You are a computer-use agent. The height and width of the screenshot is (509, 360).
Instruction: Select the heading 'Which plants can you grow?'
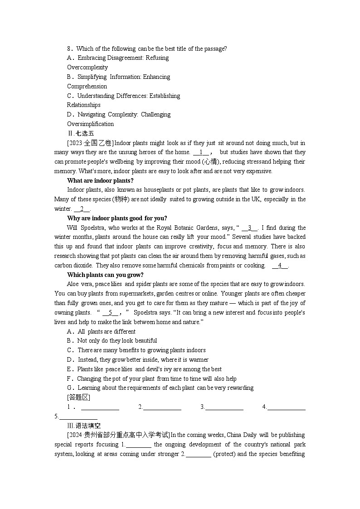click(105, 275)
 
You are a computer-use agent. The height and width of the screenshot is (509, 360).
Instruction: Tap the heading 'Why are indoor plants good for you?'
click(117, 218)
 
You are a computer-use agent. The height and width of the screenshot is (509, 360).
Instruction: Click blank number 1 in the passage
click(201, 152)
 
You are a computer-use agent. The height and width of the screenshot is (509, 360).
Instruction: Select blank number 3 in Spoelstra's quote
click(249, 228)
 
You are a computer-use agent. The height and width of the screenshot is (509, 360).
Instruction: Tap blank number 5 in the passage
click(110, 312)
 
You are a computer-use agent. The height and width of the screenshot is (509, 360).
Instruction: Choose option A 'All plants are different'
click(101, 331)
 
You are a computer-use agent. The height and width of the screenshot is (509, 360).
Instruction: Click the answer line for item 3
click(224, 407)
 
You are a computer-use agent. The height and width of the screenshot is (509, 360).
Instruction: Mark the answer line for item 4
click(286, 407)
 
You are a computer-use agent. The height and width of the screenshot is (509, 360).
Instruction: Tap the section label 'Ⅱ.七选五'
click(80, 133)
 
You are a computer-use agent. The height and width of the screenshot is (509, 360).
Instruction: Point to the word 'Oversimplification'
click(90, 124)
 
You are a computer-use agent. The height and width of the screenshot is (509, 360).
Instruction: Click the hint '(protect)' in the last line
click(224, 454)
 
